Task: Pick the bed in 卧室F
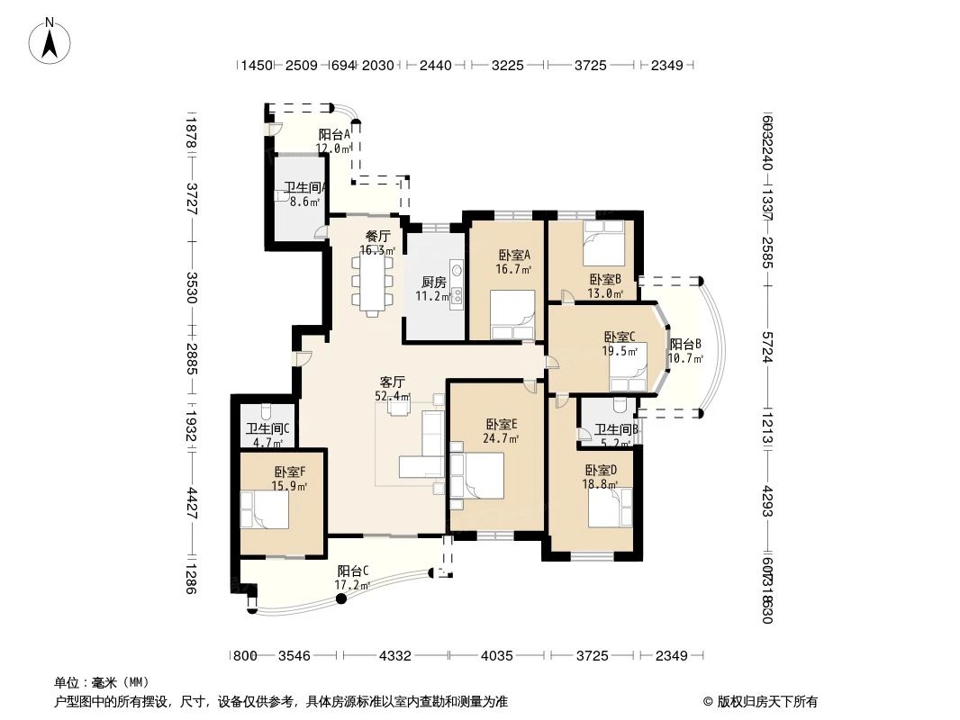coord(266,511)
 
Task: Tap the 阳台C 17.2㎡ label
coord(353,578)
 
